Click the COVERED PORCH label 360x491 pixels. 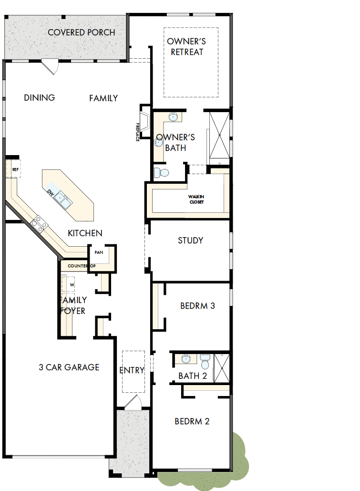82,32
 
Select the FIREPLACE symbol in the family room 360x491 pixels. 144,122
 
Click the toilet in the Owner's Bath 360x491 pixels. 162,172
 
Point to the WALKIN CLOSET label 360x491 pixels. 195,199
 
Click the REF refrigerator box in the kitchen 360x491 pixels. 15,169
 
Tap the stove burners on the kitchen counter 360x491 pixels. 38,223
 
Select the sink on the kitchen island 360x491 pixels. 62,200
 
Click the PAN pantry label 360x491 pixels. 99,252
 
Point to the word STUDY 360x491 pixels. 191,240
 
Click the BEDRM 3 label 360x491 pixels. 197,305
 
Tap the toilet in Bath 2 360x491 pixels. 206,361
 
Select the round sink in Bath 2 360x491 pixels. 186,359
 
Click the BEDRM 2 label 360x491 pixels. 192,421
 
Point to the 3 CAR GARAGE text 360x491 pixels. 69,367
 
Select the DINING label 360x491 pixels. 40,98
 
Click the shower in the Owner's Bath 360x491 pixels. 220,136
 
